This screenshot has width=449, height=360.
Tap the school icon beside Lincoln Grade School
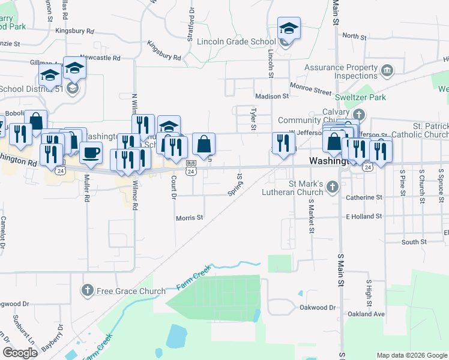pyautogui.click(x=288, y=28)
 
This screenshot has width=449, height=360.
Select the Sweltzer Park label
pyautogui.click(x=360, y=97)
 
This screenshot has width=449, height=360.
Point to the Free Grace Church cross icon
pyautogui.click(x=87, y=292)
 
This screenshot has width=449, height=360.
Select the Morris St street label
pyautogui.click(x=189, y=218)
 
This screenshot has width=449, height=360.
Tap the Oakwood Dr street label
pyautogui.click(x=318, y=307)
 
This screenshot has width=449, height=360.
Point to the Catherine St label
pyautogui.click(x=364, y=197)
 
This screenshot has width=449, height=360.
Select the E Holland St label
pyautogui.click(x=364, y=216)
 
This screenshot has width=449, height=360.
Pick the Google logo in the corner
pyautogui.click(x=20, y=353)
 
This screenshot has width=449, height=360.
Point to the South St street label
pyautogui.click(x=414, y=242)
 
